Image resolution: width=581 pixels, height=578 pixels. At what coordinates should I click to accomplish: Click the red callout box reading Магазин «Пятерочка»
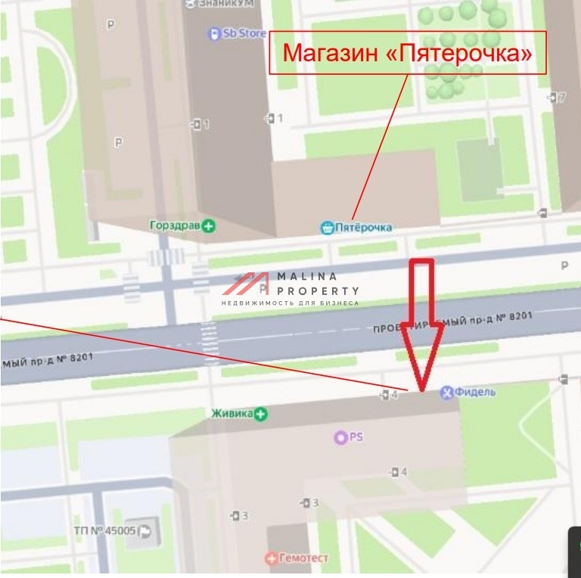pyautogui.click(x=407, y=52)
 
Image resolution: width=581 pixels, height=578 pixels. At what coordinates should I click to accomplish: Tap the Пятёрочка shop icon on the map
pyautogui.click(x=327, y=227)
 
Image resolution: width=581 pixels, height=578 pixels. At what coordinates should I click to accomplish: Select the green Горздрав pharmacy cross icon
pyautogui.click(x=209, y=225)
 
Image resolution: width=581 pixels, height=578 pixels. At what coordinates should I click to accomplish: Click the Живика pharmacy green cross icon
pyautogui.click(x=261, y=413)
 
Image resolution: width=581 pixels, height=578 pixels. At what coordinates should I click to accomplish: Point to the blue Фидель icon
pyautogui.click(x=447, y=391)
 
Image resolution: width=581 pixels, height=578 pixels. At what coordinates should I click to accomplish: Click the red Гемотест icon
pyautogui.click(x=271, y=558)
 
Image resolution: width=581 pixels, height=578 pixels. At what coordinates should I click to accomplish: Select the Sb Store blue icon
pyautogui.click(x=213, y=33)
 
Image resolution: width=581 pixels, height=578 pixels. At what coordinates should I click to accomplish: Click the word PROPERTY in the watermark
pyautogui.click(x=318, y=291)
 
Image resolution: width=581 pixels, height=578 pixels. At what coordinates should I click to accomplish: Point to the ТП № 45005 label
pyautogui.click(x=104, y=530)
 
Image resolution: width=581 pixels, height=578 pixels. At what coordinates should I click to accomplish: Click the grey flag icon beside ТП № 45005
pyautogui.click(x=144, y=531)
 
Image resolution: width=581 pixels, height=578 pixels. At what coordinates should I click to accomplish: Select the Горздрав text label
pyautogui.click(x=176, y=225)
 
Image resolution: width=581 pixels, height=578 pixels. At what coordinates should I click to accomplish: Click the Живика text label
pyautogui.click(x=232, y=413)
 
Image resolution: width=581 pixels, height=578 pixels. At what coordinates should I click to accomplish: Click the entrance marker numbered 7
pyautogui.click(x=557, y=97)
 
